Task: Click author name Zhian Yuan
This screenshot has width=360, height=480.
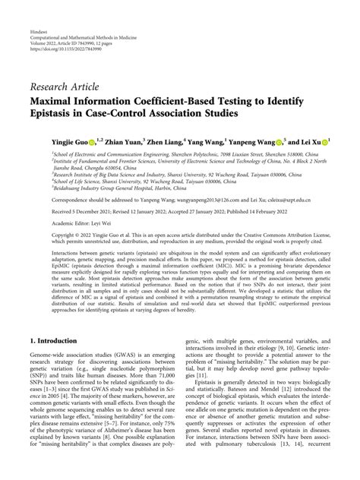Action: pos(124,141)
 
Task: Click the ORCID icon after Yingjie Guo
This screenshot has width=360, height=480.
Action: pos(93,141)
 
